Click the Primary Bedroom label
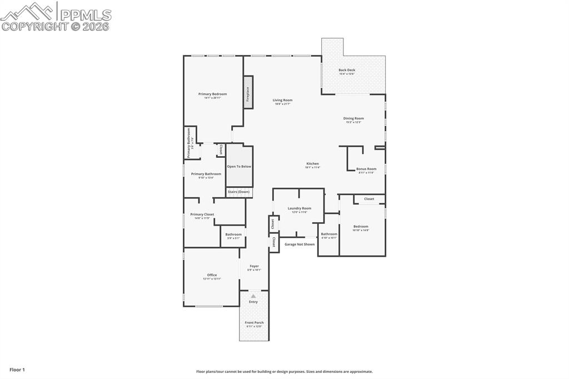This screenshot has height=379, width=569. coord(212,94)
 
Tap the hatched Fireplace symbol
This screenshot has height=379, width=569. coord(248,91)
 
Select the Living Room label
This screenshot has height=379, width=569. coord(282,101)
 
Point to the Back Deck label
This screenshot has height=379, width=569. coord(347,71)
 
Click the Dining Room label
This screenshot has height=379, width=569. coord(353,118)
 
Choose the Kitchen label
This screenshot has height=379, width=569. coord(313,164)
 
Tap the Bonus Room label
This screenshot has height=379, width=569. coord(366,169)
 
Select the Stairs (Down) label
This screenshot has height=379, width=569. coord(239,192)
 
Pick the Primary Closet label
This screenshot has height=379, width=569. coord(202,215)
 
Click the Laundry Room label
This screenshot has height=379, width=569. coord(299,208)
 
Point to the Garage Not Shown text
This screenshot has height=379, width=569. coord(300,245)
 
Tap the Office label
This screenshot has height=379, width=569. coord(212,275)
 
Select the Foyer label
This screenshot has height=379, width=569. coord(254,266)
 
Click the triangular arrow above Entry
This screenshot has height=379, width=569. coord(253,296)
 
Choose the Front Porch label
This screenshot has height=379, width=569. coord(254,323)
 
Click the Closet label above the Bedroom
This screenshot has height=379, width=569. coord(369,199)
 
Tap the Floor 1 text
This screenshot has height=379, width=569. coord(17,370)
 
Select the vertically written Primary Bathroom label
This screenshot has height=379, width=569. coord(189,143)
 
